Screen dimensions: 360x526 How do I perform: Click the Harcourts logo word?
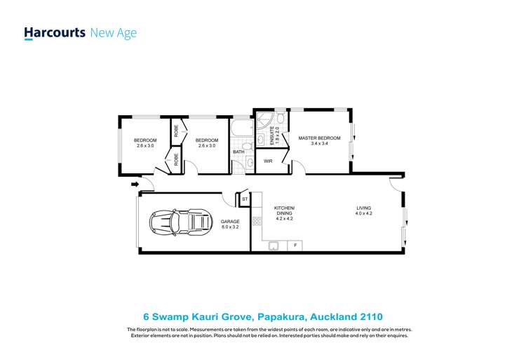click(55, 32)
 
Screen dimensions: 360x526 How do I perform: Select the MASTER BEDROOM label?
click(319, 138)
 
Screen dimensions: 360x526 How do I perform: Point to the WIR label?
click(268, 161)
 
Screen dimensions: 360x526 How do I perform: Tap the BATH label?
click(238, 152)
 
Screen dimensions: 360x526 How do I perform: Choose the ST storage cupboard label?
click(245, 199)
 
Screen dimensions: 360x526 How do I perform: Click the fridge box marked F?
click(296, 245)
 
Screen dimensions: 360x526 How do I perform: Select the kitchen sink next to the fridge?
click(274, 245)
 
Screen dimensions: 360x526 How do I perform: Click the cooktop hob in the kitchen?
click(256, 222)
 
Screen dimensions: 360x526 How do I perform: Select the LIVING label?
click(363, 208)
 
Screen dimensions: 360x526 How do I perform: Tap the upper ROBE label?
click(176, 131)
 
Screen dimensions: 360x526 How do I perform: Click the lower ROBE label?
click(176, 160)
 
